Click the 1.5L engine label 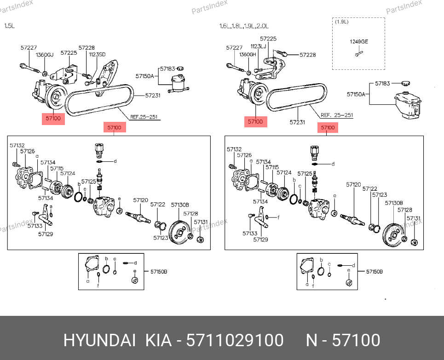point(10,26)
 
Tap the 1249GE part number point(359,42)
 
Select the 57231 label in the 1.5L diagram point(152,96)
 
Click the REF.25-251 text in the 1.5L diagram point(144,117)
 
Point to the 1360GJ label point(45,55)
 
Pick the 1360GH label point(248,54)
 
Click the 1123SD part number point(97,54)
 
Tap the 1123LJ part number point(258,46)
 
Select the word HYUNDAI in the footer point(99,341)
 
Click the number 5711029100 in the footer point(235,341)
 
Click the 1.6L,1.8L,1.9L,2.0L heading point(244,26)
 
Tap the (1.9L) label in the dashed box point(341,22)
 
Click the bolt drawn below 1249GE point(358,54)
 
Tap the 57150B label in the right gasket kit point(374,272)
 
